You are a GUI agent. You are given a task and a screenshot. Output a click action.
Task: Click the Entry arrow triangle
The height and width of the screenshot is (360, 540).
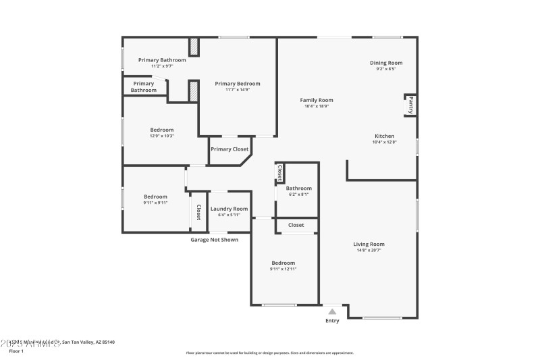click(332, 311)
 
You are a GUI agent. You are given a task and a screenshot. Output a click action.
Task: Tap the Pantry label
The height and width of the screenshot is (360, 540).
click(410, 105)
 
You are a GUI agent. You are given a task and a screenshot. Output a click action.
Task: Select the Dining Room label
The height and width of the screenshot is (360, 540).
click(385, 63)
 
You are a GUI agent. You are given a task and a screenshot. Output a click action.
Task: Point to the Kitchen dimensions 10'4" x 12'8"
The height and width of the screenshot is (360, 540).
click(384, 142)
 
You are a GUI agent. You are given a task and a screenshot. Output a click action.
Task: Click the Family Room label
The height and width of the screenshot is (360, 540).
click(317, 100)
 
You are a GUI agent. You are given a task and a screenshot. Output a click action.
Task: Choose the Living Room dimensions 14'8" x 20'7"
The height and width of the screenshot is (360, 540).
click(369, 250)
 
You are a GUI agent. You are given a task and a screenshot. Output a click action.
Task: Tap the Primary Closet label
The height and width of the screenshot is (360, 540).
click(230, 149)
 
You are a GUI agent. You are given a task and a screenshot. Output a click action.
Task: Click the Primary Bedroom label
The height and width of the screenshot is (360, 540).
click(237, 84)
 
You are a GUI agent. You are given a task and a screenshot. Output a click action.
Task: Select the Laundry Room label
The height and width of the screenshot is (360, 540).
click(229, 209)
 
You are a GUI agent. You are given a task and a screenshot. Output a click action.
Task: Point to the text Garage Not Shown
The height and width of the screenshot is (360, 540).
click(214, 239)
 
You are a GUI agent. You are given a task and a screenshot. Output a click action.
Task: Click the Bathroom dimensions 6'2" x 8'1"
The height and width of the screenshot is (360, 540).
click(298, 194)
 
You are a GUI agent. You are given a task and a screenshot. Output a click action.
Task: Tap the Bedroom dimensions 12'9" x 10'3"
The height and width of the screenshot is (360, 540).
click(161, 136)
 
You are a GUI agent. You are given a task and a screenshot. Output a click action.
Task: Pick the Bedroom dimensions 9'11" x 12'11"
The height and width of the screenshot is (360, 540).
click(283, 269)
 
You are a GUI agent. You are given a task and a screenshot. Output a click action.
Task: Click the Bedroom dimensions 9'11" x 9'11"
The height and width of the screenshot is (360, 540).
click(155, 203)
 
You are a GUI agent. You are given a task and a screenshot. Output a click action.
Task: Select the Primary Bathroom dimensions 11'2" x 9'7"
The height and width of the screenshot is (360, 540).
click(161, 66)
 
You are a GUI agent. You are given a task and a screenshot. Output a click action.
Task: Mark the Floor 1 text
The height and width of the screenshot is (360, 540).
click(16, 351)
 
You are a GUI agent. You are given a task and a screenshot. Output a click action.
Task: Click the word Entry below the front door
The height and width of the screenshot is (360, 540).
click(332, 321)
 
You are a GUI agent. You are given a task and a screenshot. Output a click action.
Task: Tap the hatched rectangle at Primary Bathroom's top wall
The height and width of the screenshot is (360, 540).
click(194, 47)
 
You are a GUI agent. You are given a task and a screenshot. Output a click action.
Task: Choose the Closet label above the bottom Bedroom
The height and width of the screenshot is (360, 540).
click(296, 225)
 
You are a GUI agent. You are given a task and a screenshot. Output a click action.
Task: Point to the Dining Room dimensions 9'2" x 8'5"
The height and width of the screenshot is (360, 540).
click(385, 69)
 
